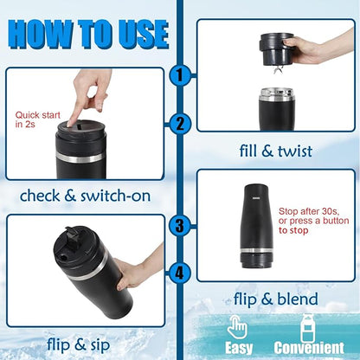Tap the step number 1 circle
tap(179, 76)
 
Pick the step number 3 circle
tap(179, 227)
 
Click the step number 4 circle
tap(179, 273)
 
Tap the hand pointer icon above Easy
tap(238, 326)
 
